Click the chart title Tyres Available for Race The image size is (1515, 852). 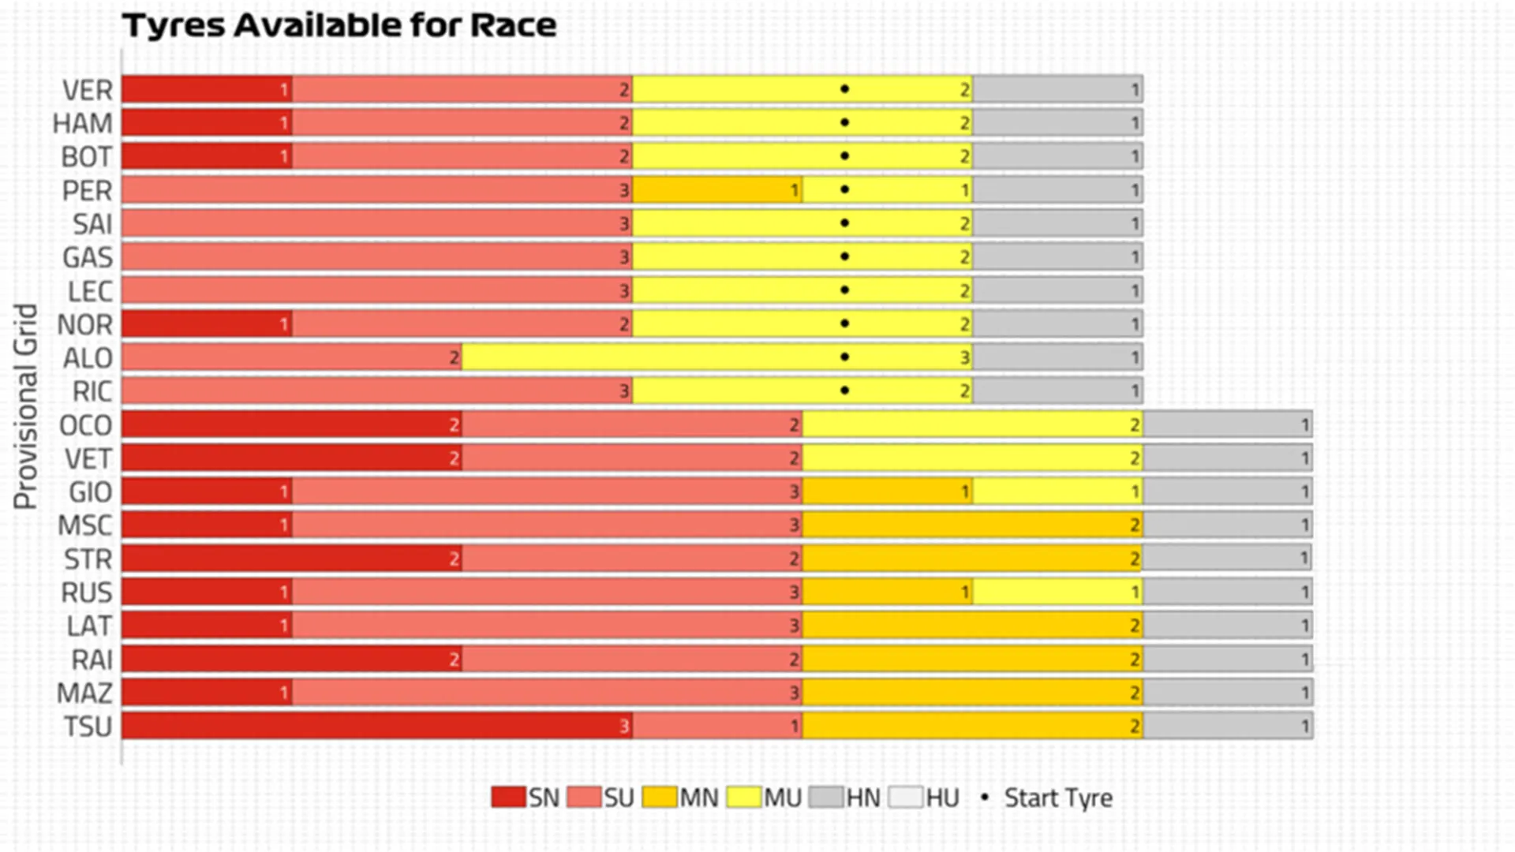point(339,25)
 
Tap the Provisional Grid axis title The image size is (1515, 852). point(26,406)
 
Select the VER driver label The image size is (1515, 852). point(88,90)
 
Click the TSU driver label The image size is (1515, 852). point(88,726)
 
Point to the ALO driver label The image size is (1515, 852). point(88,358)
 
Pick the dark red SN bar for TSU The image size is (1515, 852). point(376,726)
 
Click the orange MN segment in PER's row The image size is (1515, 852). point(716,190)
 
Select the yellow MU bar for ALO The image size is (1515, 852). point(716,358)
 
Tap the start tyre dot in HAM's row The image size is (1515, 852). point(844,123)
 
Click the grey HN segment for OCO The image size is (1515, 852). point(1227,424)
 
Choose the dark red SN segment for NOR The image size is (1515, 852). point(207,324)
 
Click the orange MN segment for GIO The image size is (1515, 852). point(887,491)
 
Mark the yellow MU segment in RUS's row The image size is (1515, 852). point(1057,592)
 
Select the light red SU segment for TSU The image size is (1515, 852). point(716,726)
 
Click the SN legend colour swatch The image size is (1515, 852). point(507,798)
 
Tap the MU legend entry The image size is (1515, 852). point(764,798)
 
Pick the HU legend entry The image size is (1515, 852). point(924,798)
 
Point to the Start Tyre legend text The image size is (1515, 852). point(1058,798)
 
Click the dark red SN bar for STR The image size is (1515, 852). point(291,559)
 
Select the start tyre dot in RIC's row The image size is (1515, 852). point(844,391)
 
